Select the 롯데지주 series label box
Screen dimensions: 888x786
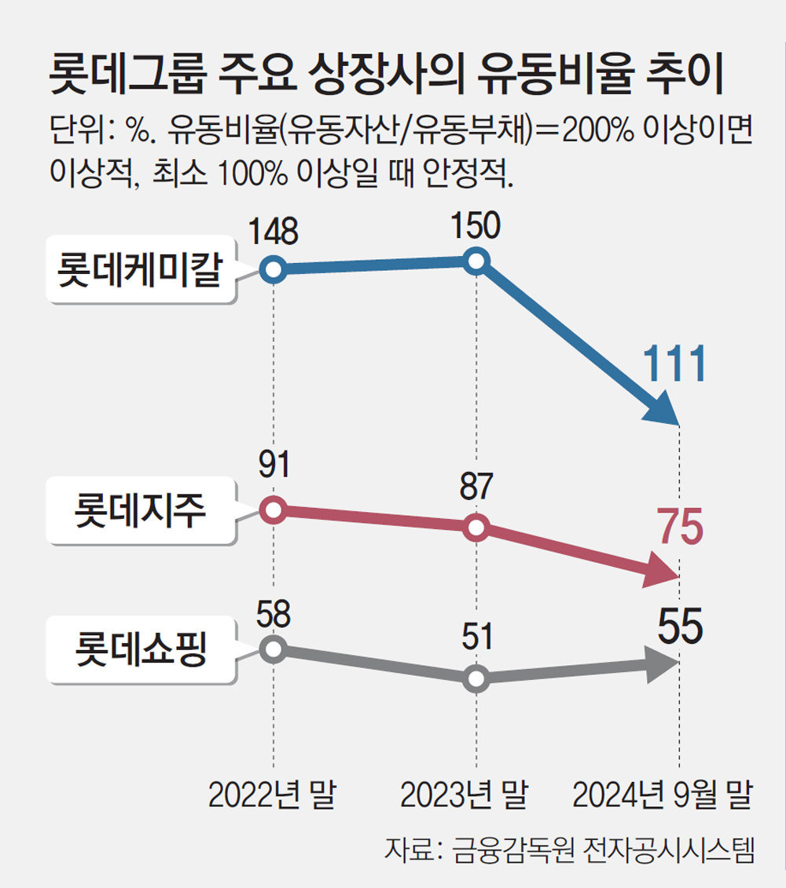coord(141,511)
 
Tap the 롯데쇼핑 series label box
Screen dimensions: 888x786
coord(141,649)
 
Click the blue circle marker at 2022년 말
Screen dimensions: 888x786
coord(273,270)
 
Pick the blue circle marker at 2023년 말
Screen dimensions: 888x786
coord(476,261)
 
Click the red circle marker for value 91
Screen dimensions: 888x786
coord(273,510)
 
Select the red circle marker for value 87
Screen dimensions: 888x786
coord(476,528)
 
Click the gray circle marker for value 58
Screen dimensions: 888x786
coord(273,649)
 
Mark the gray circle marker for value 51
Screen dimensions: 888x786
coord(476,678)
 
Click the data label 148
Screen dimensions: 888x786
coord(273,232)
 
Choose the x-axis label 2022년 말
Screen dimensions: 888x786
coord(272,795)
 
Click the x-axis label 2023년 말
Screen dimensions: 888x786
coord(464,795)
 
